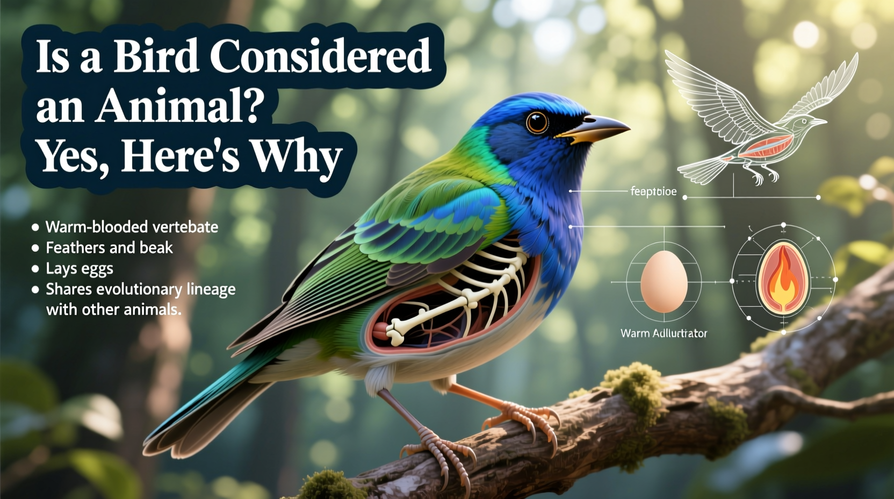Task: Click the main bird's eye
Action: coord(536,123)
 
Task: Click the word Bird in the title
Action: coord(156,56)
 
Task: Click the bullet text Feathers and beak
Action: coord(109,248)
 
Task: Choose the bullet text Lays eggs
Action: coord(80,268)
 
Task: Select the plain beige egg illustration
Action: coord(664,281)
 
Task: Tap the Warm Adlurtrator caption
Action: coord(664,333)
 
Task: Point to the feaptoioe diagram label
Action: coord(653,191)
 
